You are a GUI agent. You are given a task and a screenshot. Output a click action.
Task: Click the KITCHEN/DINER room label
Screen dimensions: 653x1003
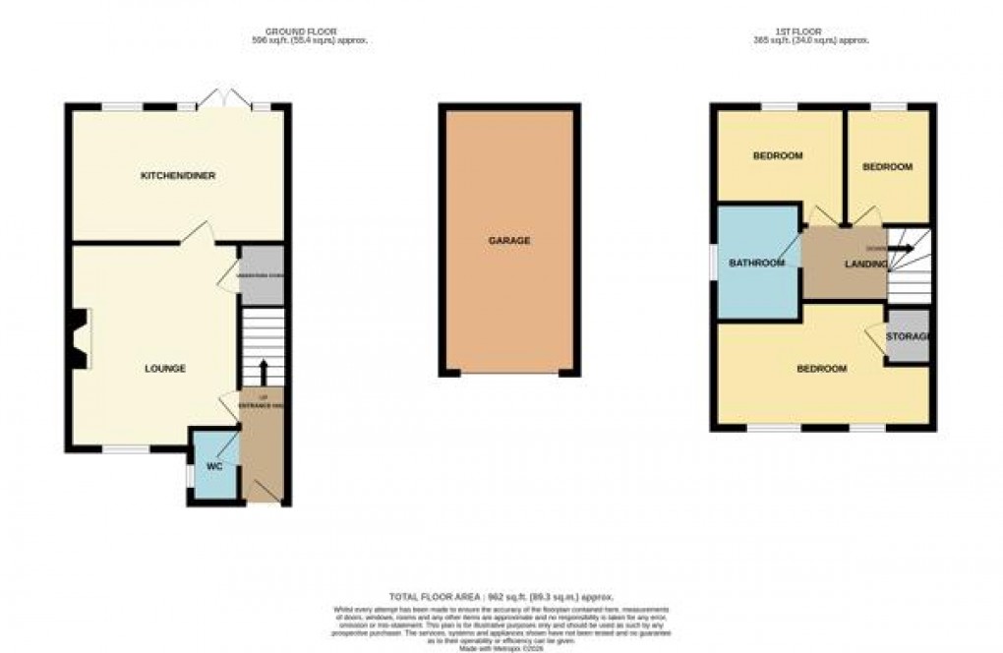[178, 176]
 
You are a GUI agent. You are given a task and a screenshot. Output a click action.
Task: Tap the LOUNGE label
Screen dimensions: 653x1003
[165, 369]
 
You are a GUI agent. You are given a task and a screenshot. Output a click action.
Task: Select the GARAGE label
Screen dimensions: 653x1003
[510, 240]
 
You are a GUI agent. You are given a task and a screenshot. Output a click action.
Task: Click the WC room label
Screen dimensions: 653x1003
[214, 467]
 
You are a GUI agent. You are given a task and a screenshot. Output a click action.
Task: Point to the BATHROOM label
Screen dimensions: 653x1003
[756, 263]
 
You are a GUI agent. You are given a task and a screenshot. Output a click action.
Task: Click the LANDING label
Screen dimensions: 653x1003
[866, 264]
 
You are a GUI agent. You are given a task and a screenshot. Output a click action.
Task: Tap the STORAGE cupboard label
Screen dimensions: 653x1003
[907, 337]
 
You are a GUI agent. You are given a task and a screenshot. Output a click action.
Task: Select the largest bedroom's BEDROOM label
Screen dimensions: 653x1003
[821, 369]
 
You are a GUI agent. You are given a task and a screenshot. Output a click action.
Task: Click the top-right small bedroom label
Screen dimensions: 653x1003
[887, 167]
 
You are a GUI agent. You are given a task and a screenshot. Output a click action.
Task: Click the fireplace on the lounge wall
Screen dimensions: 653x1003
[78, 339]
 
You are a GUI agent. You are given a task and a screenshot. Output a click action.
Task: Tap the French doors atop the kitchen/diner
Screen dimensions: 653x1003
[224, 99]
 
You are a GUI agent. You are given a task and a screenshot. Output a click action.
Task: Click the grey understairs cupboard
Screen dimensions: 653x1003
[262, 274]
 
